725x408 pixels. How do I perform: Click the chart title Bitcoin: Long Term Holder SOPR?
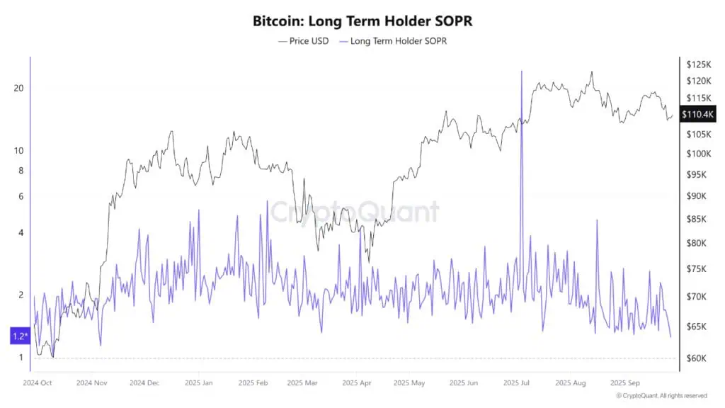[x=362, y=21]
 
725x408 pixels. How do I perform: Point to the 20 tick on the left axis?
[x=19, y=88]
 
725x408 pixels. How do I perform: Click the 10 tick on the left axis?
[x=19, y=150]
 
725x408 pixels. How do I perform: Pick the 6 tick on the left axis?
[x=21, y=196]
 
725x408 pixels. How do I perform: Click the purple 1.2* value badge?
[x=19, y=336]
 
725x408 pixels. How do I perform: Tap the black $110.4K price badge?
[x=698, y=114]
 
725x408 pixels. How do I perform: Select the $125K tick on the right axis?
[x=698, y=64]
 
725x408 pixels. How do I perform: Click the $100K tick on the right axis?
[x=698, y=154]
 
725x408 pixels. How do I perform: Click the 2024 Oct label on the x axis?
[x=38, y=383]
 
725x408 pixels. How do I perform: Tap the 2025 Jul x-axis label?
[x=515, y=383]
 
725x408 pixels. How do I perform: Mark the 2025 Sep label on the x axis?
[x=625, y=383]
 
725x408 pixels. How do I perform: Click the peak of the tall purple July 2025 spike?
[x=522, y=72]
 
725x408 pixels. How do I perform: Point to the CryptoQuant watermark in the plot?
[x=353, y=212]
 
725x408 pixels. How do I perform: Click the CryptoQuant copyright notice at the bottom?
[x=661, y=395]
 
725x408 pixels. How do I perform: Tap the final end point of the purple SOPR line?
[x=670, y=336]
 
